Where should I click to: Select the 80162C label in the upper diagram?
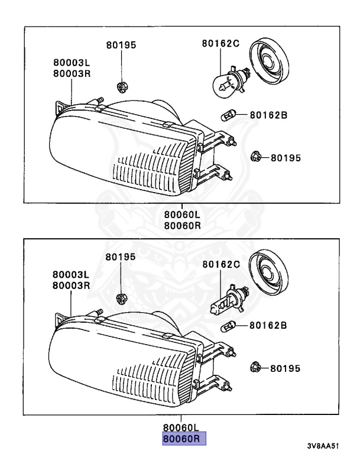point(221,43)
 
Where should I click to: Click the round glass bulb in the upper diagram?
point(224,85)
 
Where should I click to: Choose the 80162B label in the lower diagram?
point(268,325)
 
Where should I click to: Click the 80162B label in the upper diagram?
point(268,115)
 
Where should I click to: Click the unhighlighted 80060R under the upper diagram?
point(183,226)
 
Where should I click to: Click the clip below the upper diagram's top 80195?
point(121,87)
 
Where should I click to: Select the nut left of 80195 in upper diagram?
point(255,157)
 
